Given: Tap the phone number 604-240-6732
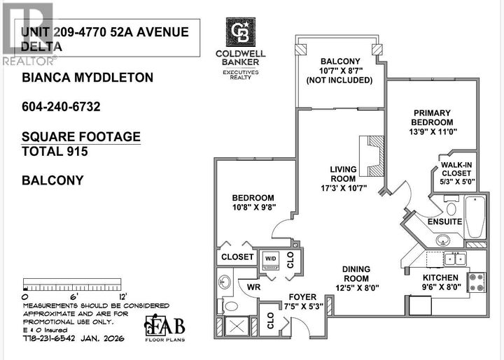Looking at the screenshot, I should (62, 107).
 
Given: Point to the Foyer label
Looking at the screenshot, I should (294, 296).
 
